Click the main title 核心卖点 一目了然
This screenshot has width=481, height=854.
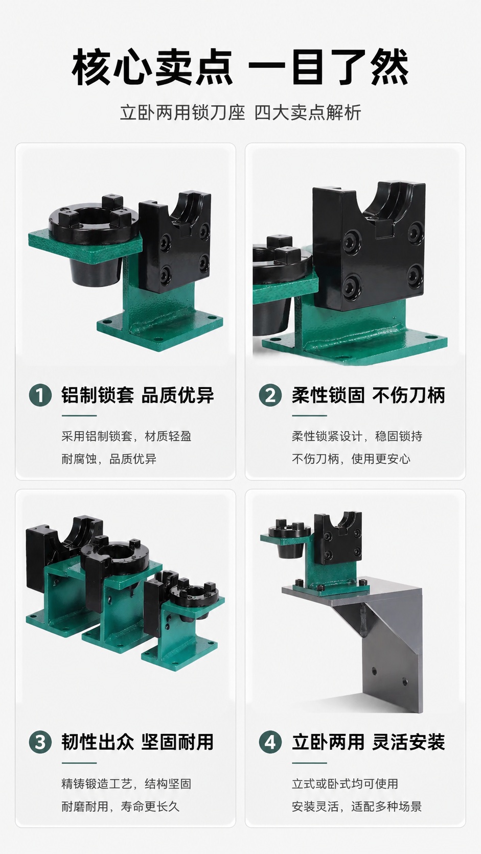click(x=240, y=67)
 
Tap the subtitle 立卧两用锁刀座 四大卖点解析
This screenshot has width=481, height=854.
click(x=240, y=112)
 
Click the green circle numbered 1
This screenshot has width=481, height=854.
click(x=40, y=395)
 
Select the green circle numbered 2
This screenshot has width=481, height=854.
click(x=270, y=395)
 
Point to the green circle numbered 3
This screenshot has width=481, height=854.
click(x=40, y=742)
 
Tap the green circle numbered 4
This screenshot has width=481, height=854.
click(x=270, y=742)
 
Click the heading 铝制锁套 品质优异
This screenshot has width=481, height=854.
click(x=138, y=395)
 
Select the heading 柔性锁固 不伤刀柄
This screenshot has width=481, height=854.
click(x=369, y=395)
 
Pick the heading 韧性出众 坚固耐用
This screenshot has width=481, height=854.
click(x=138, y=742)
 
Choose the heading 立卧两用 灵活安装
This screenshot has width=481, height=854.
click(x=369, y=742)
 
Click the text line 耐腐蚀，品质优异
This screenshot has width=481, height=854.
click(x=109, y=459)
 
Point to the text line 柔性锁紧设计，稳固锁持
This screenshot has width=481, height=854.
click(x=357, y=436)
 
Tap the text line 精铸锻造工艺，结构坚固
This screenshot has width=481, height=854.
click(x=126, y=784)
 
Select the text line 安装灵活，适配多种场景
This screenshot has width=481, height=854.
click(x=357, y=806)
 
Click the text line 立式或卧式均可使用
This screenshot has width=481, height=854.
click(x=345, y=784)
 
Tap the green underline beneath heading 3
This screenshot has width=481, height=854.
click(x=79, y=763)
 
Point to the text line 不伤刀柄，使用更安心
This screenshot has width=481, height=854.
click(x=351, y=459)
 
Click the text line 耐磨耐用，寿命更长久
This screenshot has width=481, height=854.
click(x=120, y=806)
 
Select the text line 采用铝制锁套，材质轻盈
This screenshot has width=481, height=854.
click(x=126, y=436)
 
